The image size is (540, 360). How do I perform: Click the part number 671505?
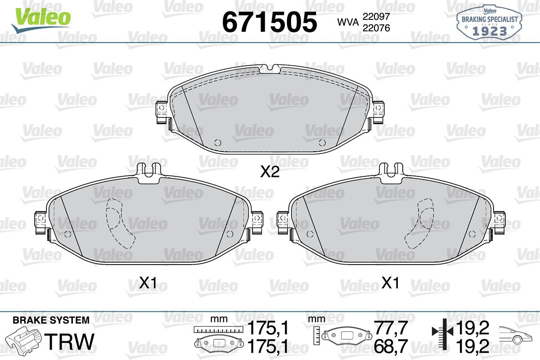[x=270, y=22]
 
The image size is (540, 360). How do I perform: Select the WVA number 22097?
[x=376, y=17]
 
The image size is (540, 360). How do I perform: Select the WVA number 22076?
[x=376, y=28]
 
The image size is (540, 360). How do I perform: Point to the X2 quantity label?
[x=270, y=172]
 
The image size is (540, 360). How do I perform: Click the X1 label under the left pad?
[x=148, y=283]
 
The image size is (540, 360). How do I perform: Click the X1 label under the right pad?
[x=390, y=283]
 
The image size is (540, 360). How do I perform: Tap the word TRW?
[x=69, y=342]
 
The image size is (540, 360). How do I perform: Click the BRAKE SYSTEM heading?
[x=51, y=320]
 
